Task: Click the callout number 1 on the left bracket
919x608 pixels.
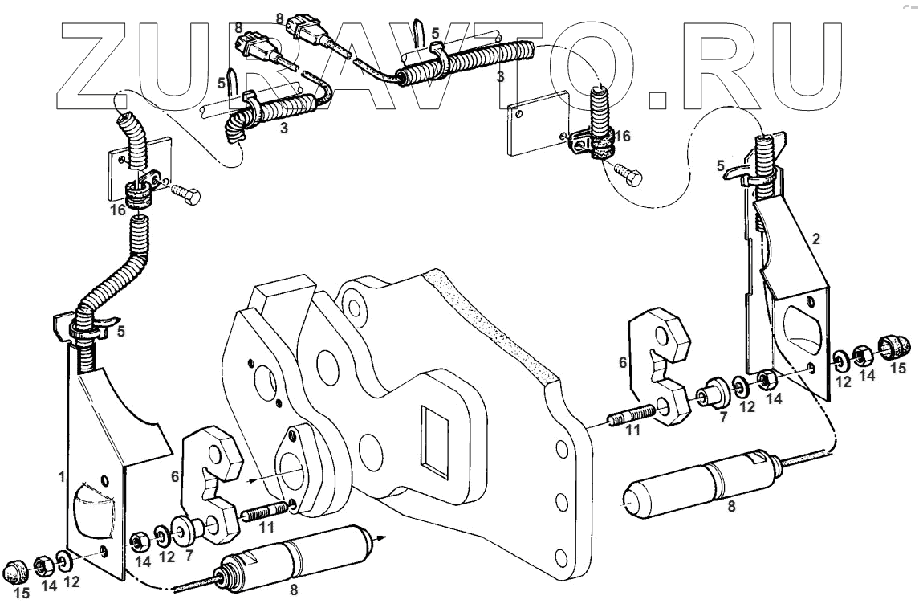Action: pyautogui.click(x=61, y=477)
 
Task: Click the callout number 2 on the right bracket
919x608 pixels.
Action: pyautogui.click(x=816, y=239)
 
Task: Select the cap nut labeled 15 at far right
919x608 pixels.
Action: pyautogui.click(x=896, y=347)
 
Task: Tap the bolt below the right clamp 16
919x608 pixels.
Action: pyautogui.click(x=625, y=170)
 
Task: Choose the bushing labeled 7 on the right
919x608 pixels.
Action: pyautogui.click(x=711, y=393)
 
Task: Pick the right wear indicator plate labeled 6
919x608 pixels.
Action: pyautogui.click(x=663, y=366)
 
